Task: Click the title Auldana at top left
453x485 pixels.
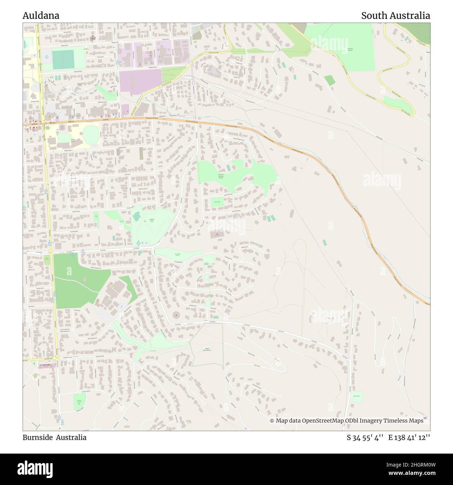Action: [x=41, y=16]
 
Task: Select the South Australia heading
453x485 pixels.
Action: [x=395, y=16]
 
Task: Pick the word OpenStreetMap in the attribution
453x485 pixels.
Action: [x=322, y=421]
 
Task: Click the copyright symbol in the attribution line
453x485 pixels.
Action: [x=272, y=421]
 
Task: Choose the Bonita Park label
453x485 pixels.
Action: [x=217, y=202]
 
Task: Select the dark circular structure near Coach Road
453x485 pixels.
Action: [x=177, y=315]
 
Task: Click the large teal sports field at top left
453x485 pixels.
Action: [x=63, y=60]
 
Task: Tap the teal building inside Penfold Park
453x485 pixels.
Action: [x=137, y=217]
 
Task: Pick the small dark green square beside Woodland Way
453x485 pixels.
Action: [x=329, y=80]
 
